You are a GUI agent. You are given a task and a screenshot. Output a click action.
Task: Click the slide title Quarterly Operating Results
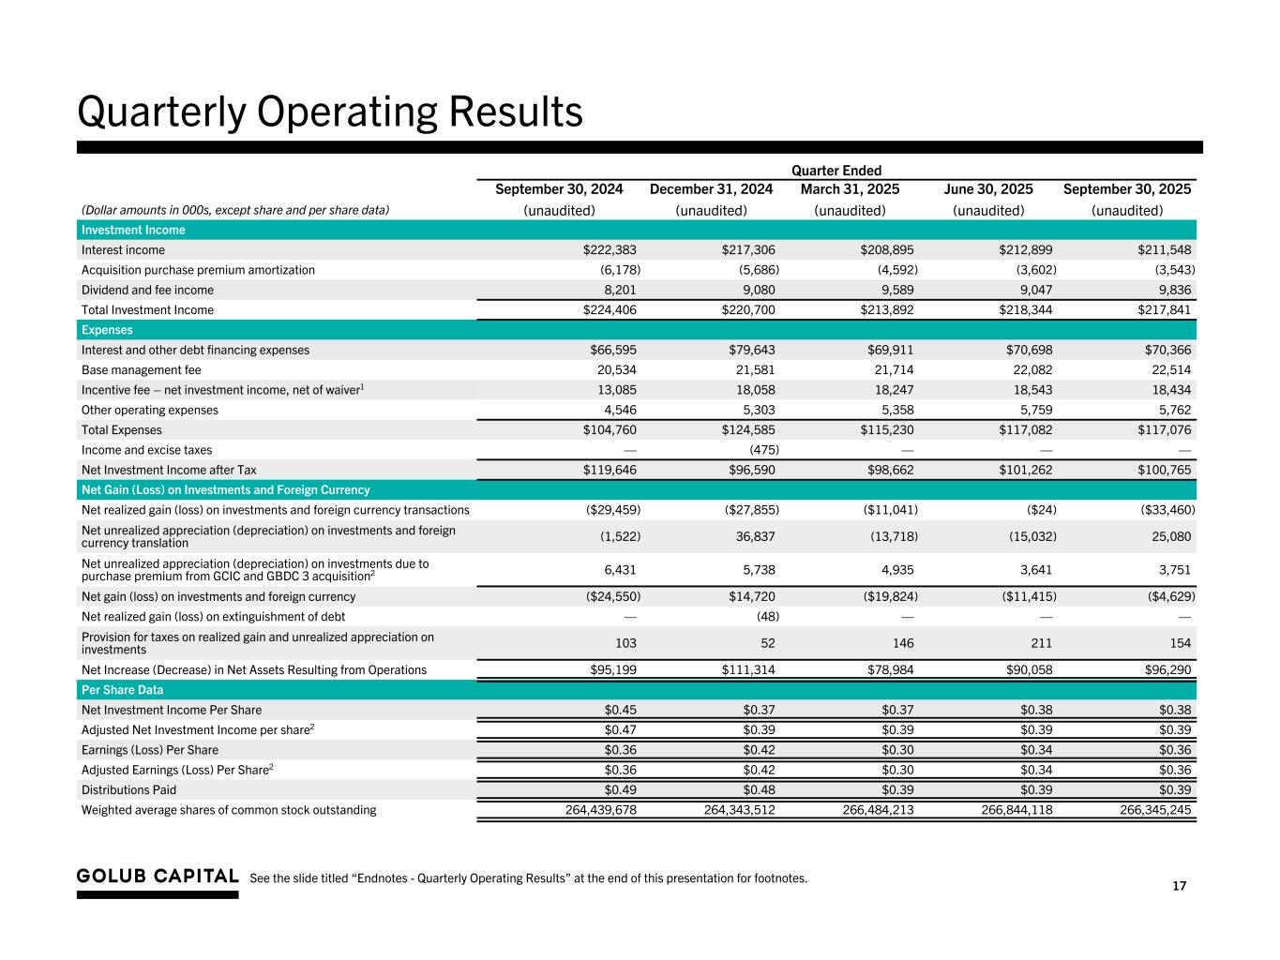(x=330, y=112)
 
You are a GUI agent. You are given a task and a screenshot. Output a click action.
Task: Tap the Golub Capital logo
(x=158, y=877)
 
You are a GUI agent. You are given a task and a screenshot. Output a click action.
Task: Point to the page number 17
(x=1179, y=886)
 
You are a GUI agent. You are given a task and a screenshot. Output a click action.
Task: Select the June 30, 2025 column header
(x=988, y=189)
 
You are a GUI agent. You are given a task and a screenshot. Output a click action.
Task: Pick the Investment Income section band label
(x=133, y=230)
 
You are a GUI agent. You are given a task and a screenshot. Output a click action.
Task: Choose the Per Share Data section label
(x=122, y=690)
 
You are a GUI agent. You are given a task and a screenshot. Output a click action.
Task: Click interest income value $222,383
(x=610, y=250)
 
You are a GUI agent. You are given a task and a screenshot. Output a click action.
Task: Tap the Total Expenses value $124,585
(x=747, y=430)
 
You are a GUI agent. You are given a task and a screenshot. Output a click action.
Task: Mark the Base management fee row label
(x=141, y=370)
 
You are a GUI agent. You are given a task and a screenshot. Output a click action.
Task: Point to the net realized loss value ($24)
(x=1039, y=510)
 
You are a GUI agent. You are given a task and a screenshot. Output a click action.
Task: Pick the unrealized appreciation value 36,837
(x=751, y=536)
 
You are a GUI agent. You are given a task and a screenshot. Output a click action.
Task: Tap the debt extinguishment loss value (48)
(x=767, y=617)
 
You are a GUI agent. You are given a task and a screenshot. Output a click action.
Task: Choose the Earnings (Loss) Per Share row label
(x=150, y=750)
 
